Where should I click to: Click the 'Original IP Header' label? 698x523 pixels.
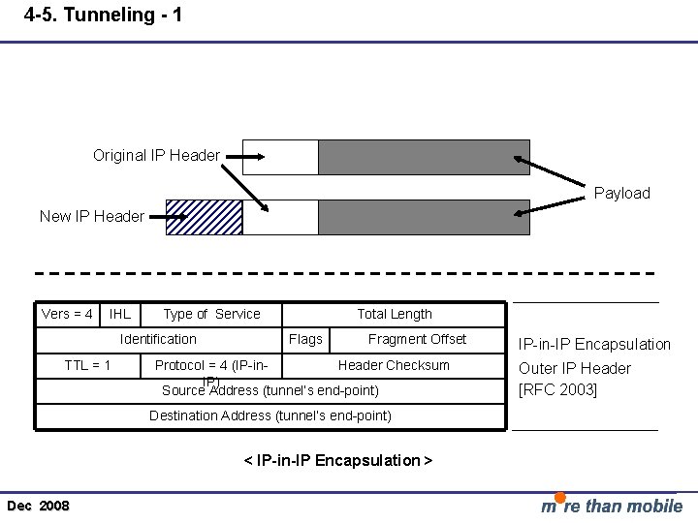(156, 155)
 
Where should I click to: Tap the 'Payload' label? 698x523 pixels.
(621, 193)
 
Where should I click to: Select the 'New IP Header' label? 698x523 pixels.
(92, 216)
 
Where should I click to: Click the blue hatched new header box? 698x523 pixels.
(204, 217)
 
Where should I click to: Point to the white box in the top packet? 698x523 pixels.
(280, 157)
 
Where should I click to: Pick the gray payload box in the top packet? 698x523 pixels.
(424, 157)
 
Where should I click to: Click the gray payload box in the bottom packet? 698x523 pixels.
(424, 217)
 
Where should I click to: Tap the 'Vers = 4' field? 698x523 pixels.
(68, 314)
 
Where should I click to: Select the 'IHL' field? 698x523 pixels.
(120, 314)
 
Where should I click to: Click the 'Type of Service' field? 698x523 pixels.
(211, 314)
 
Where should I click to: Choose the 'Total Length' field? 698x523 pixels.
(395, 314)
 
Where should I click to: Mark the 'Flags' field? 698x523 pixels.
(305, 339)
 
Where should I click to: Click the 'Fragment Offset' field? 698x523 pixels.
(417, 339)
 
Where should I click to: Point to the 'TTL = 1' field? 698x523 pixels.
(87, 365)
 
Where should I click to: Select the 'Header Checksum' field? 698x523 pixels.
(394, 365)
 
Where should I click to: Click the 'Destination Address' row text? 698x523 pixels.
(270, 415)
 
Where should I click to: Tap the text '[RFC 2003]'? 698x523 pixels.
(558, 389)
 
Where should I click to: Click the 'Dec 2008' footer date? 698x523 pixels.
(38, 506)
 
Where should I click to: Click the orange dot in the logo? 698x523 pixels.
(560, 498)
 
